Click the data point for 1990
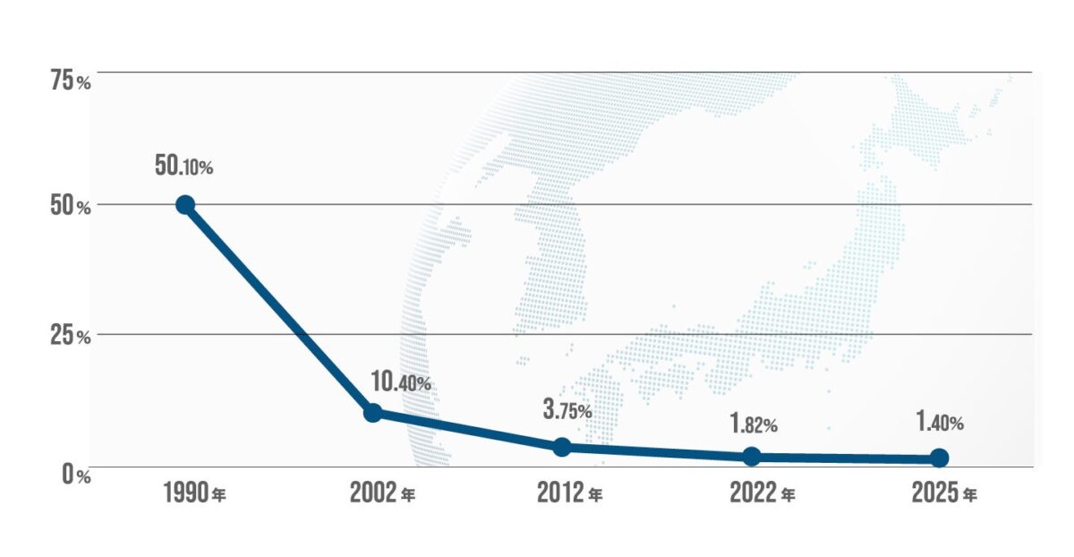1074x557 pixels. click(185, 205)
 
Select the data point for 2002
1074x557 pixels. click(373, 413)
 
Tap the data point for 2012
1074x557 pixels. click(562, 447)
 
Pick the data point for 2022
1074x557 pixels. click(752, 457)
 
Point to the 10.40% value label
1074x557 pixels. click(400, 382)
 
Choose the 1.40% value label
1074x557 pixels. click(939, 423)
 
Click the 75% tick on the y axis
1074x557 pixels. click(69, 81)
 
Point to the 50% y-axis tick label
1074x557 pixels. click(69, 206)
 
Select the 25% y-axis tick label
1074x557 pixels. click(69, 337)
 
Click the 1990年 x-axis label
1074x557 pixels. click(194, 493)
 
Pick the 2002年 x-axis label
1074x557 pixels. click(383, 493)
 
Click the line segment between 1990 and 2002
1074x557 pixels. click(279, 309)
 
